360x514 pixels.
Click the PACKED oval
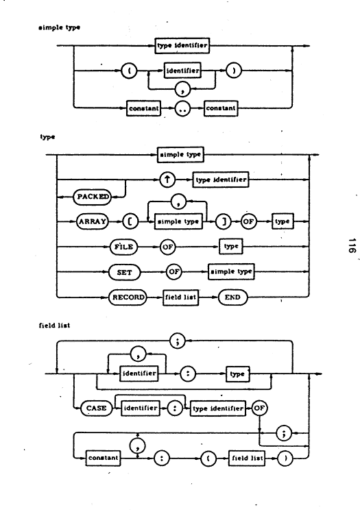[x=92, y=197]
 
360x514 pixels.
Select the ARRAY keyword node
[x=93, y=221]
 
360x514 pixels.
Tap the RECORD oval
[x=128, y=297]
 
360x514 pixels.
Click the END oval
[x=232, y=297]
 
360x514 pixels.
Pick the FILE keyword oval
[x=123, y=247]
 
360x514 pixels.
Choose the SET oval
[x=124, y=272]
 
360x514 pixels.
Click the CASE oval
[x=96, y=408]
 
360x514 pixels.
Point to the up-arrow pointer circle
[x=167, y=180]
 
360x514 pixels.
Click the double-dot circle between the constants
[x=182, y=109]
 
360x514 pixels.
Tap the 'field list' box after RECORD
[x=180, y=297]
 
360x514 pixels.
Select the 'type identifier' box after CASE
[x=218, y=408]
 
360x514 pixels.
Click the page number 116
[x=352, y=245]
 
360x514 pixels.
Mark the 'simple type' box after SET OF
[x=231, y=272]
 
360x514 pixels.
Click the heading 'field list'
[x=54, y=326]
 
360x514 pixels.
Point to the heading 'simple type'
[x=59, y=27]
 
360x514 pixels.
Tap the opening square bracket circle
[x=130, y=222]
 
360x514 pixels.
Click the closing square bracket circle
[x=224, y=222]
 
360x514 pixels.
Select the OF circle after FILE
[x=167, y=247]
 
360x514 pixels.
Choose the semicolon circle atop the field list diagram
[x=178, y=341]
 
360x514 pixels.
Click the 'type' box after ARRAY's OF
[x=283, y=221]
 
